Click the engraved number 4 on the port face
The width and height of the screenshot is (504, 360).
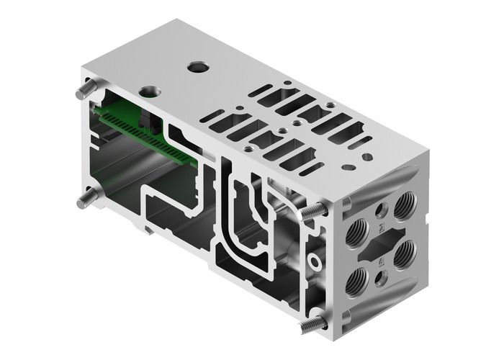click(x=381, y=268)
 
